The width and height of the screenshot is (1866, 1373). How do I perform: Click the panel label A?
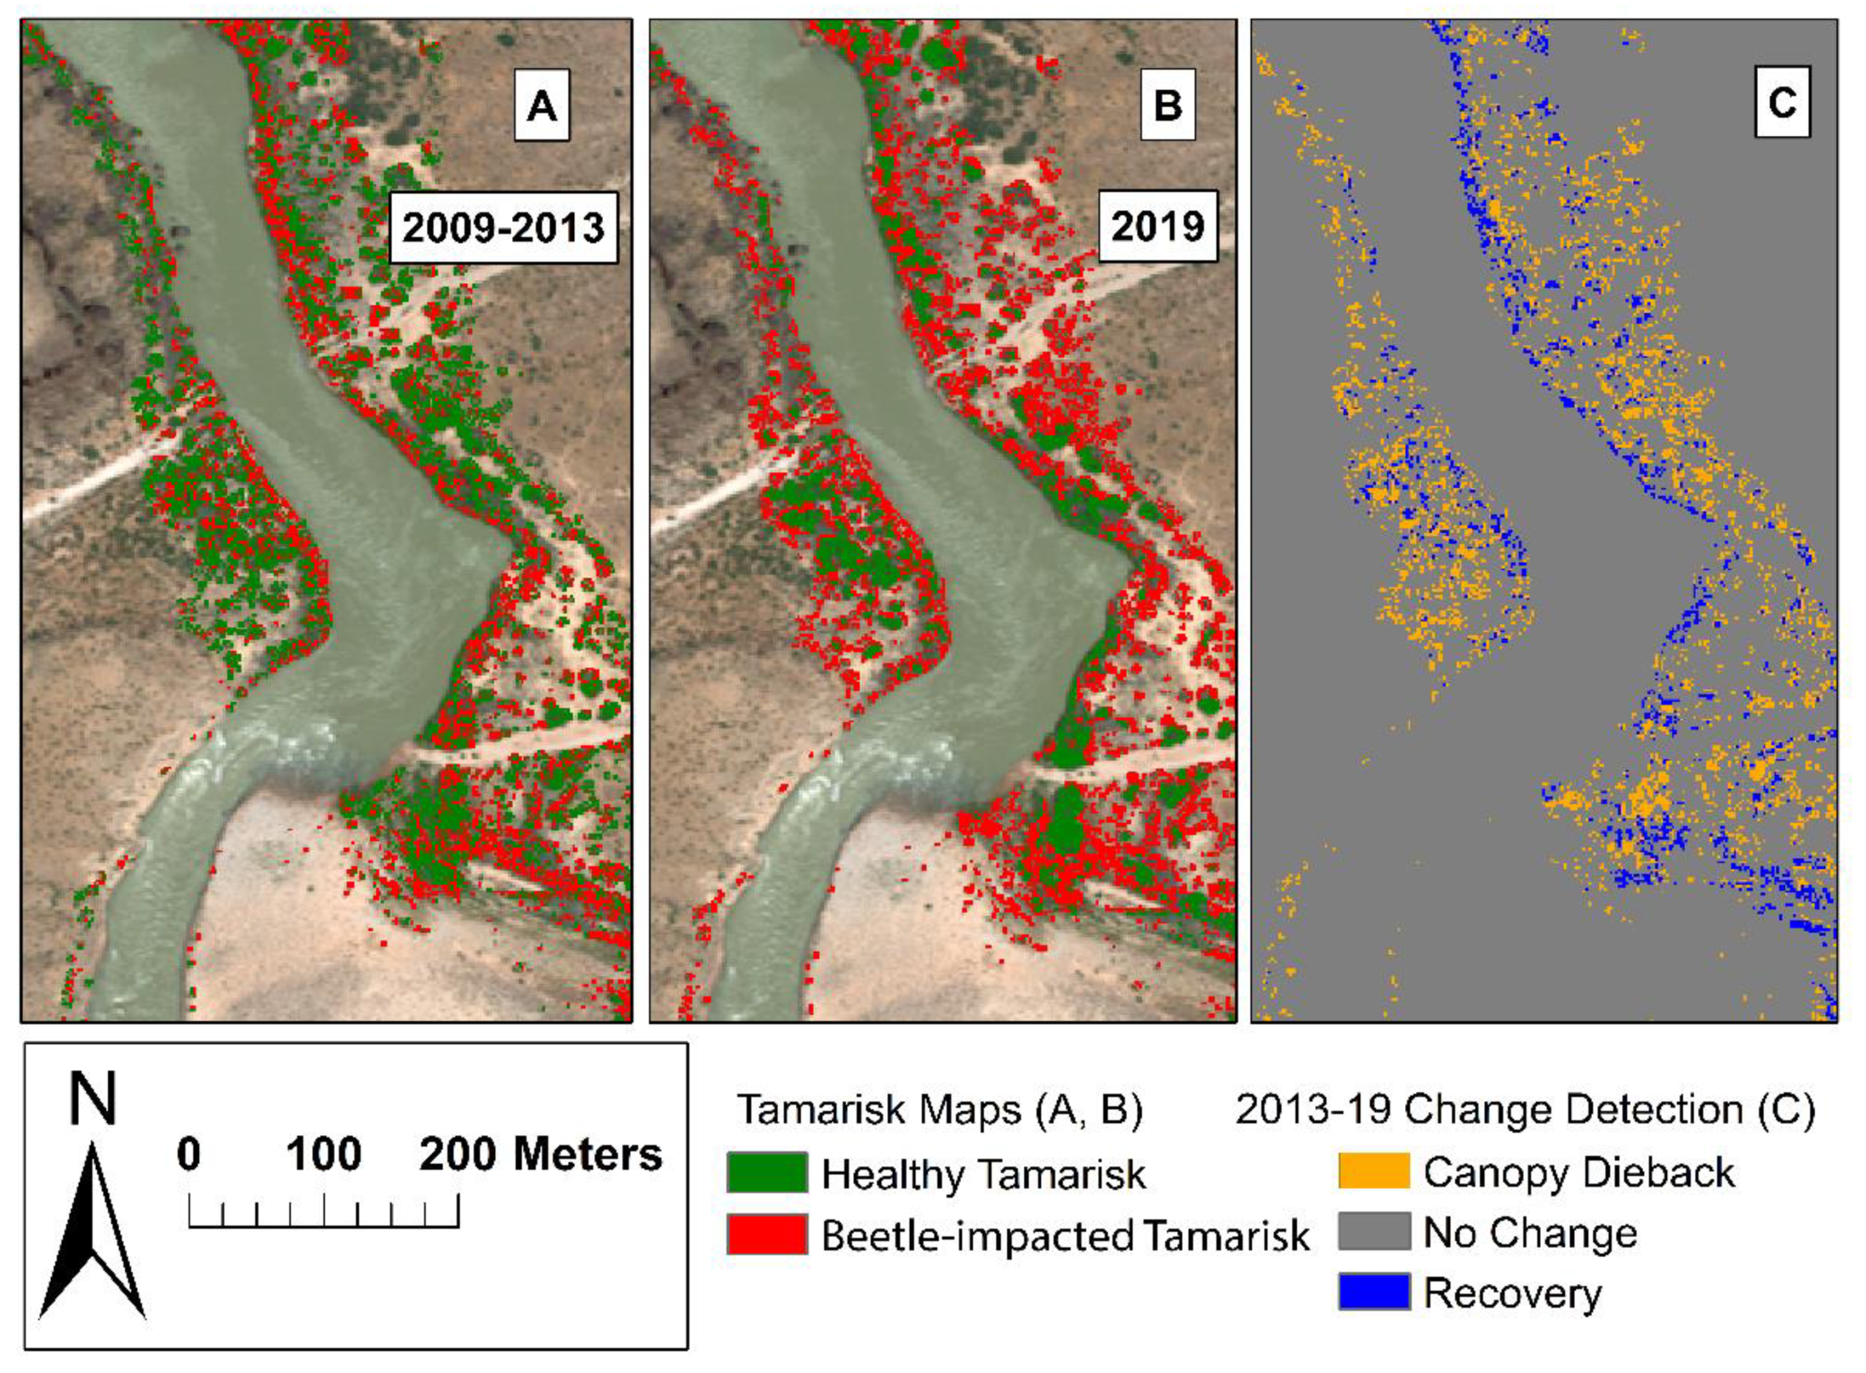(541, 105)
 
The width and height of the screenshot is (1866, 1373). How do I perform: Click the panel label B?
(1167, 105)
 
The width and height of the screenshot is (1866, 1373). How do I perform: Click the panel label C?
(1781, 103)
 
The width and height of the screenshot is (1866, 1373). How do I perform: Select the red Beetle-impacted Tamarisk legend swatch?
(767, 1234)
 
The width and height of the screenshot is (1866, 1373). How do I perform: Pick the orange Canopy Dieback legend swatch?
(1373, 1171)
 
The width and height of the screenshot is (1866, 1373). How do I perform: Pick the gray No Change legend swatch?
(1373, 1231)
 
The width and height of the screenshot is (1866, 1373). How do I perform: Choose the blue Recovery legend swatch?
(1373, 1292)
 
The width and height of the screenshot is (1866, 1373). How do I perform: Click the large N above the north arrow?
(92, 1099)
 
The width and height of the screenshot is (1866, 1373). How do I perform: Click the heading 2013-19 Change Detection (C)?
(1525, 1110)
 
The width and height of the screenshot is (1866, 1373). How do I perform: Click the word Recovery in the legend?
(1512, 1293)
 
